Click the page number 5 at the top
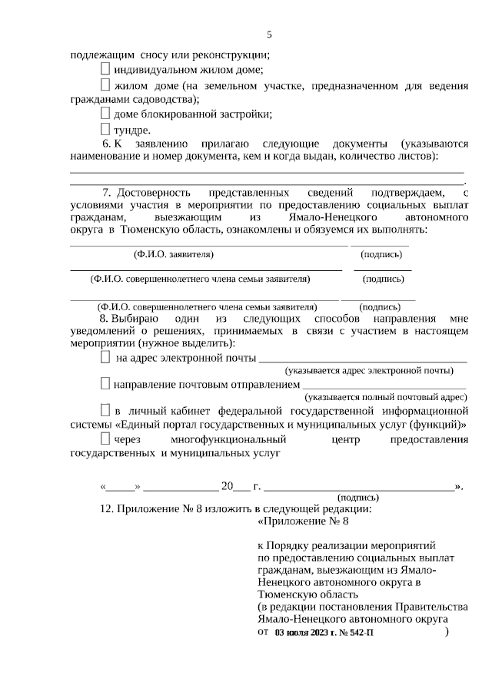[269, 35]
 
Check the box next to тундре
[105, 130]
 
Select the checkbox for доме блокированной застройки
[105, 114]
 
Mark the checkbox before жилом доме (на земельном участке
[105, 84]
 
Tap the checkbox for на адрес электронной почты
[105, 358]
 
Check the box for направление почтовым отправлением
[105, 383]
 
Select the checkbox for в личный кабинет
[105, 409]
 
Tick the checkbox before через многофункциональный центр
[105, 439]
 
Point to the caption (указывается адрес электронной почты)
[368, 371]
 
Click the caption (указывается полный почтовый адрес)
[385, 397]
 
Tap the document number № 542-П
[358, 633]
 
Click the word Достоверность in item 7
[159, 192]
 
